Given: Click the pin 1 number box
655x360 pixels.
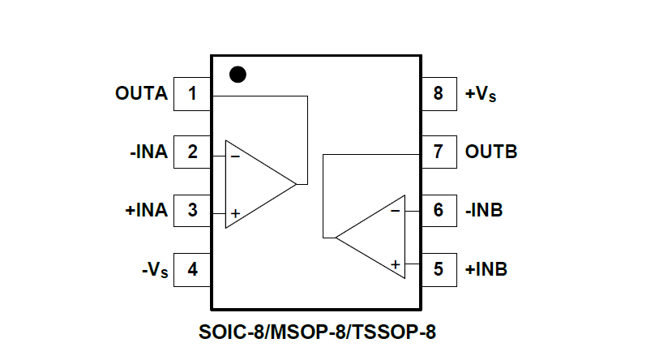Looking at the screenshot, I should [192, 93].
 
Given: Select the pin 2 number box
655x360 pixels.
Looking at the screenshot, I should [192, 152].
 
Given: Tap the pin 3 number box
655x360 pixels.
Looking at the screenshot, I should [192, 210].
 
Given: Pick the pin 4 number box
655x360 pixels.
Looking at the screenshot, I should [192, 268].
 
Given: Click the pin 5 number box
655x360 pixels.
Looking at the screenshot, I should [439, 268].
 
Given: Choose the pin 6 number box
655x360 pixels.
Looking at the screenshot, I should [439, 210].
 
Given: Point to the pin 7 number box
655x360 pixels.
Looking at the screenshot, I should [439, 152].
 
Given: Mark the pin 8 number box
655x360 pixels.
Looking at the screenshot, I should [439, 93].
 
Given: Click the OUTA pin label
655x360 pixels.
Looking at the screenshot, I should [141, 93].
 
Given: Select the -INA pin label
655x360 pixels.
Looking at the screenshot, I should [148, 152].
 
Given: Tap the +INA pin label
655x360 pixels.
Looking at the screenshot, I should [146, 210].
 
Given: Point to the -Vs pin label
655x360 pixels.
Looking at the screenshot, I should [154, 269].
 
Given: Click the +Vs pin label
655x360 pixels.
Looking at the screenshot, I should [481, 94].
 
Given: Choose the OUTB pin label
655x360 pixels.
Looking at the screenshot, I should [491, 152].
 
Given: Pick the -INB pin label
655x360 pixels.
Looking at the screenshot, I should [484, 210].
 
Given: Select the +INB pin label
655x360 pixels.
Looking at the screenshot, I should [486, 268].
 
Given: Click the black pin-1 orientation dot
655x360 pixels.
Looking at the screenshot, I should [238, 75].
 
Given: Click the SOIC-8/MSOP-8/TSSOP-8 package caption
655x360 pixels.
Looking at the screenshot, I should [322, 332].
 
